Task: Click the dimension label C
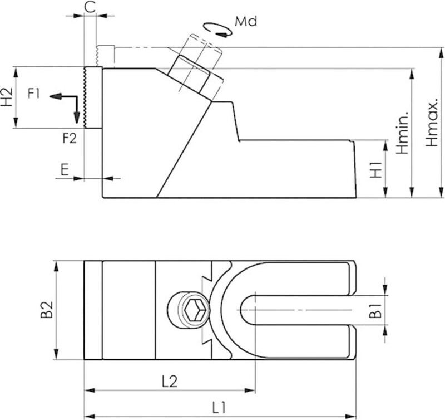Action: [x=90, y=7]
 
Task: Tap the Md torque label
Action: [x=245, y=22]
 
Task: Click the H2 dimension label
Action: [x=7, y=97]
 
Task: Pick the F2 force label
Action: [x=68, y=138]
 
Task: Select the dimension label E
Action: [x=65, y=169]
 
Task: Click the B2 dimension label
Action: [x=46, y=311]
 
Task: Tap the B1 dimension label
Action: [x=377, y=311]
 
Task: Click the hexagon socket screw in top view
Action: [x=189, y=308]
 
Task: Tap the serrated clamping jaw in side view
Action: [x=92, y=97]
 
